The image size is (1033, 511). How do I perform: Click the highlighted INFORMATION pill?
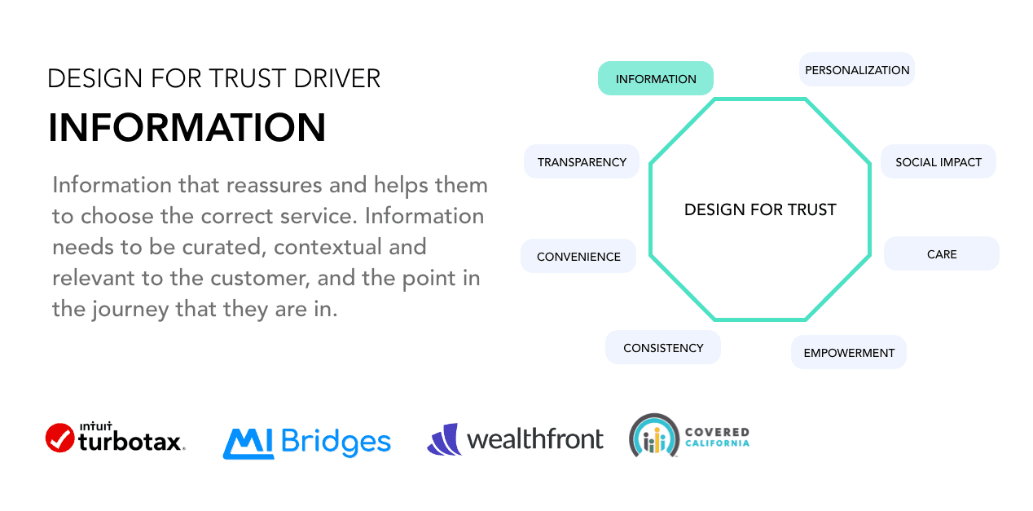tap(655, 79)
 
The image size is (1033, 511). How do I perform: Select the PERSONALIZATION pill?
tap(857, 70)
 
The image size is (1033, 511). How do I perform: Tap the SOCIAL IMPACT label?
tap(938, 162)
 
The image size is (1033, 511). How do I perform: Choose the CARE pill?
tap(942, 254)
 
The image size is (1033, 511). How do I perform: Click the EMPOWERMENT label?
tap(849, 353)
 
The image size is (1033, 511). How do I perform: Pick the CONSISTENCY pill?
tap(663, 348)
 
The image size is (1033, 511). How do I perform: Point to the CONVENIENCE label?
tap(578, 257)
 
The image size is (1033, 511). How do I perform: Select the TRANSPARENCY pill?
tap(582, 162)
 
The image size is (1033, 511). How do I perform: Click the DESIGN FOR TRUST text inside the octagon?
tap(760, 210)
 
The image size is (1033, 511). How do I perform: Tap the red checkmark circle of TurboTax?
tap(60, 438)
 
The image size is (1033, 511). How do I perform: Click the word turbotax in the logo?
tap(131, 443)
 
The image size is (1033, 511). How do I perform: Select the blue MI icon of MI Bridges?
tap(248, 443)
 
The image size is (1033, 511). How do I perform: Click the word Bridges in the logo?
tap(336, 443)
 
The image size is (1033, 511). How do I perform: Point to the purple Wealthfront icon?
tap(444, 439)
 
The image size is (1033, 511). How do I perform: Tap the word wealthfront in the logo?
tap(535, 439)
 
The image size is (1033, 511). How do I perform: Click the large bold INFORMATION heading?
tap(187, 128)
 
